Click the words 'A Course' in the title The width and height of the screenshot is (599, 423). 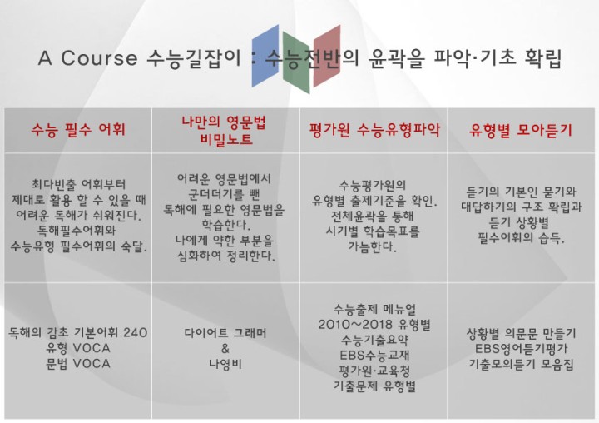pos(87,58)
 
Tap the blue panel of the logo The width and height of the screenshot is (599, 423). pos(265,56)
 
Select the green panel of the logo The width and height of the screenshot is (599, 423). pos(296,63)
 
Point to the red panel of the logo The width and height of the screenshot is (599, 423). pos(327,56)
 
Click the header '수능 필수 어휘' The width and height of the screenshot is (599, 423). pos(78,130)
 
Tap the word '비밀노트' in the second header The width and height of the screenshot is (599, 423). pos(226,138)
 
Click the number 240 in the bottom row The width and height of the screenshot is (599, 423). pos(136,332)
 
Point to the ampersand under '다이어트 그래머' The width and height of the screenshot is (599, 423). pos(225,348)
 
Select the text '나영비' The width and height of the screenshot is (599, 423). pos(225,364)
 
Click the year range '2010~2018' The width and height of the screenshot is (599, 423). pos(356,325)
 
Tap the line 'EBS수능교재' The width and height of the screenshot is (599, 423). pos(374,356)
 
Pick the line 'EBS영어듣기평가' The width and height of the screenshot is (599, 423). pos(521,349)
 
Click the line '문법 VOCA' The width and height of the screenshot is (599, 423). pos(78,364)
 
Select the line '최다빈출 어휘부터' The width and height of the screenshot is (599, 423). pos(78,184)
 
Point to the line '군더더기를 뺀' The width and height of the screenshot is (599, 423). pos(225,194)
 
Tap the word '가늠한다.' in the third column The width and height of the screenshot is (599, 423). pos(372,246)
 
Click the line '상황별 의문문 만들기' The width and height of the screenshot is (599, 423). pos(521,334)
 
